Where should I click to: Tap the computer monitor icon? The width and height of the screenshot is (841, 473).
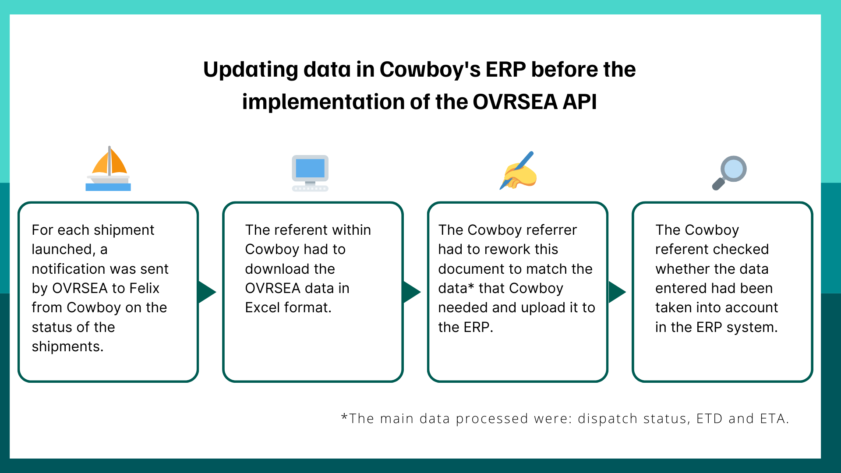310,173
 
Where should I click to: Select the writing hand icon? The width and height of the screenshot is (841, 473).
518,171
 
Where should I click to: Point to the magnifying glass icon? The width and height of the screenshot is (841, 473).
729,173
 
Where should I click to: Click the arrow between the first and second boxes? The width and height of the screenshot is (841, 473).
206,292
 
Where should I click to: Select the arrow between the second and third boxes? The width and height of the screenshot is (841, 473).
411,292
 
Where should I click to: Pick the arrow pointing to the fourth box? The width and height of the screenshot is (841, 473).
617,292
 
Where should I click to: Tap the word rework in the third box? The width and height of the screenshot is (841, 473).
509,249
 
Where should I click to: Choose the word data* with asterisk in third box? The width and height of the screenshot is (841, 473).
456,288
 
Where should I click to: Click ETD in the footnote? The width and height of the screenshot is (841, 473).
709,419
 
